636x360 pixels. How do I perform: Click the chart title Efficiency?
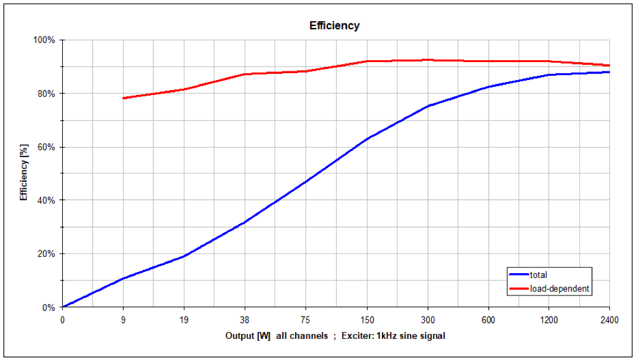(x=334, y=26)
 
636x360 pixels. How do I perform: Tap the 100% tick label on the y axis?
(x=45, y=40)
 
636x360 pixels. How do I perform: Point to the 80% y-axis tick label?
(x=47, y=94)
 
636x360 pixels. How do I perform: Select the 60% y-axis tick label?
(x=47, y=147)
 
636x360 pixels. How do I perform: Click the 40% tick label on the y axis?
(x=47, y=200)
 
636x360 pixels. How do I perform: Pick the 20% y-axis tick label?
(x=47, y=254)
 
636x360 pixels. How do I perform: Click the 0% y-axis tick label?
(x=49, y=307)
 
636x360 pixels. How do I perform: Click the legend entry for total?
(x=538, y=274)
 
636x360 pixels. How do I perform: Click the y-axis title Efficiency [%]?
(x=24, y=174)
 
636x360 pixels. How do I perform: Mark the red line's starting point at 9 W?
(x=123, y=98)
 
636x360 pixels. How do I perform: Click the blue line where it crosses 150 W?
(x=366, y=138)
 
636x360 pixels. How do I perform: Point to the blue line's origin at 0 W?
(x=63, y=307)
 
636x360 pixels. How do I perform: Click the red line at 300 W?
(x=427, y=60)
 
